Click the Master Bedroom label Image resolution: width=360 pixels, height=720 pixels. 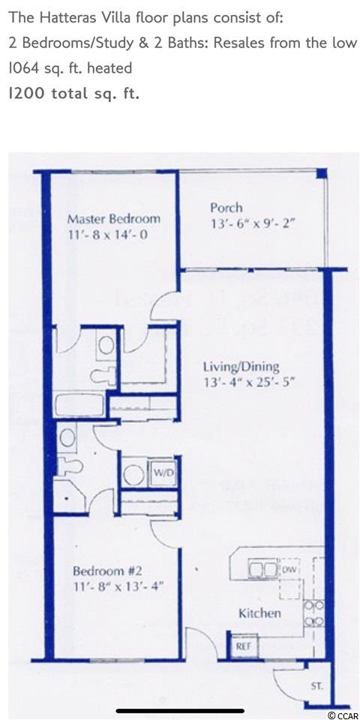pos(114,218)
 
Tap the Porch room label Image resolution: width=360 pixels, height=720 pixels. pos(226,208)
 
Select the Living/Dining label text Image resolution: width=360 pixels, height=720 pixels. pos(241,367)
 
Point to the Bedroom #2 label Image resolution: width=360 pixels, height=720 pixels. pos(108,571)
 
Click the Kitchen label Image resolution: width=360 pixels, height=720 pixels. pos(259,613)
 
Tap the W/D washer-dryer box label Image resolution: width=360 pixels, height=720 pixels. pos(164,473)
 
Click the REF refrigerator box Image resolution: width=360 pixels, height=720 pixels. pos(243,646)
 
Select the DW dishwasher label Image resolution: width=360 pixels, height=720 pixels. pos(289,570)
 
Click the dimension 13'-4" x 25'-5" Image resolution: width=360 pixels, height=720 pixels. pos(249,382)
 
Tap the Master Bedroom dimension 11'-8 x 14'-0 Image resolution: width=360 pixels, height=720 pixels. pos(107,236)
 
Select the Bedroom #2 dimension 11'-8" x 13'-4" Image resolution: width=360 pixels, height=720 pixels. pos(118,586)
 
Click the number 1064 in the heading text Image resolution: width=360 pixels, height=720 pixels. pos(24,69)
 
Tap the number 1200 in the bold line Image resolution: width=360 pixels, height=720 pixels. pos(27,94)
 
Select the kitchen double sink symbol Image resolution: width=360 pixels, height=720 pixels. pos(262,569)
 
